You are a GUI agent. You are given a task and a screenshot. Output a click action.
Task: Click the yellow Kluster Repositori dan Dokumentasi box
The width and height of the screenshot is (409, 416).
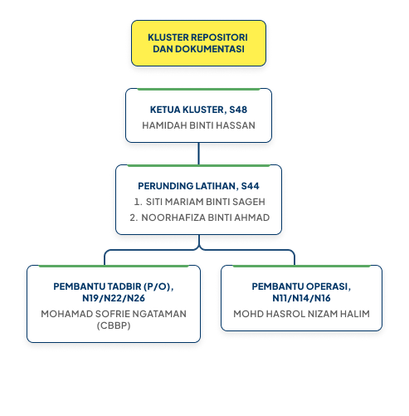(198, 43)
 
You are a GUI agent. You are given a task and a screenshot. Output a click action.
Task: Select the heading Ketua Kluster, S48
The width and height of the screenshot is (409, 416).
(198, 110)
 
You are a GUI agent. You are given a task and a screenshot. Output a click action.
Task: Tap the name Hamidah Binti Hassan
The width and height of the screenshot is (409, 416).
(198, 125)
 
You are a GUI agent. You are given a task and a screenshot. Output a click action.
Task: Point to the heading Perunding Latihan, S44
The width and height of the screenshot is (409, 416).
(198, 186)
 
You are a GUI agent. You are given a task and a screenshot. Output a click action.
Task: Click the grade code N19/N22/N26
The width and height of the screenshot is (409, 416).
(114, 298)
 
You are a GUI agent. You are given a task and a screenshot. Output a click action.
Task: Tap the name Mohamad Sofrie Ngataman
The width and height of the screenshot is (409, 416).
(114, 314)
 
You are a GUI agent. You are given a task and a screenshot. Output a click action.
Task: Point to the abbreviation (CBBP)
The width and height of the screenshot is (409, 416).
(114, 325)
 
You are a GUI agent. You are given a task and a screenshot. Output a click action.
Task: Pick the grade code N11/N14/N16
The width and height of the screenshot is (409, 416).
(301, 298)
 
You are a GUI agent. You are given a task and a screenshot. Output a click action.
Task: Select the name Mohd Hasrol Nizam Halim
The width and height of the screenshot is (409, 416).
(301, 314)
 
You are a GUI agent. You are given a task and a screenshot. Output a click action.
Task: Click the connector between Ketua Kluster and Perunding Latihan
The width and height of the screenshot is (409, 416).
(198, 154)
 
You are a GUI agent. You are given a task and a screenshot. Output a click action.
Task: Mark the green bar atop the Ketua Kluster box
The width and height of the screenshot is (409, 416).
(198, 89)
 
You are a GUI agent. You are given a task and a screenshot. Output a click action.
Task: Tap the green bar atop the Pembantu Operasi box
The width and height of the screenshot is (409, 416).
(301, 266)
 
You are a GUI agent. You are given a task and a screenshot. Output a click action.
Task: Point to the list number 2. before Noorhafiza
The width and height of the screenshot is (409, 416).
(134, 218)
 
